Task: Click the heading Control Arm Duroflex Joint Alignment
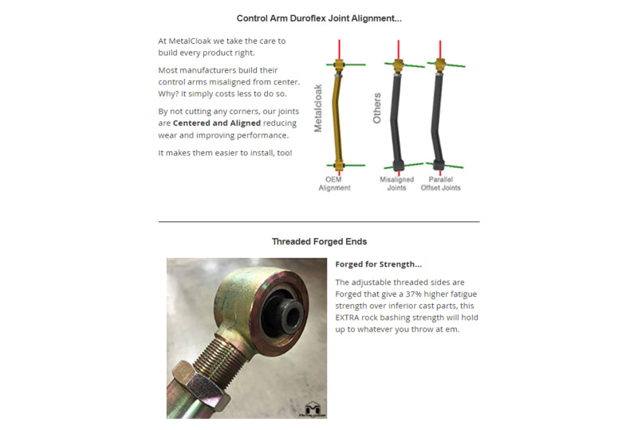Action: click(x=319, y=18)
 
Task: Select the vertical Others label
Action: click(x=378, y=108)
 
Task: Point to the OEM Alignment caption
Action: click(x=335, y=183)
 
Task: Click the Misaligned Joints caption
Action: click(x=396, y=183)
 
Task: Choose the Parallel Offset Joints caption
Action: click(x=441, y=183)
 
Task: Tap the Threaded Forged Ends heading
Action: click(x=319, y=241)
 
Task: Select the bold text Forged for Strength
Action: click(x=379, y=264)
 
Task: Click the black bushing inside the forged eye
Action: click(x=284, y=310)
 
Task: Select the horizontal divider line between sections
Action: click(x=319, y=221)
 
